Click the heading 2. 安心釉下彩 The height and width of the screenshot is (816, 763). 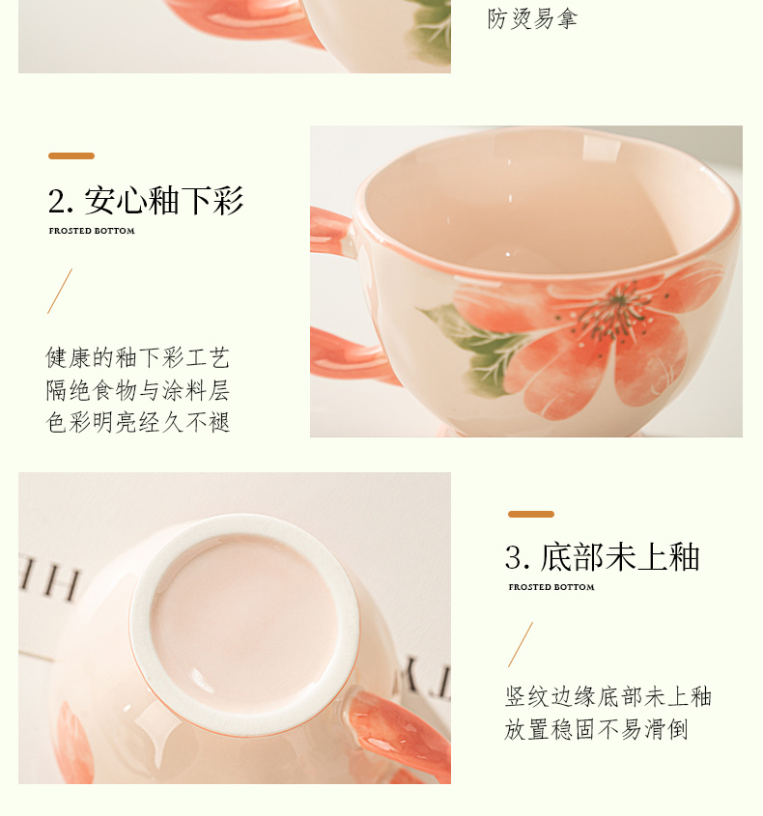146,200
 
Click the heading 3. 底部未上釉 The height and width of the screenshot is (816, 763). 602,557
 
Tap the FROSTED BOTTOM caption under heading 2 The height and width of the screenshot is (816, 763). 92,231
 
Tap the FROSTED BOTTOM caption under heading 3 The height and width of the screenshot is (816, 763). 551,587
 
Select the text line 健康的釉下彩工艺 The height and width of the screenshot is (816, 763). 138,357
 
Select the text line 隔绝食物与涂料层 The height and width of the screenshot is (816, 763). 138,390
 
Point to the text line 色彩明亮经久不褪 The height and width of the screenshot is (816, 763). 138,422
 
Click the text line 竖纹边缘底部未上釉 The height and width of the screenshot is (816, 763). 608,696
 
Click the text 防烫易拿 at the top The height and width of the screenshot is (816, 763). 532,19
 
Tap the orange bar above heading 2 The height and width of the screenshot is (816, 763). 71,155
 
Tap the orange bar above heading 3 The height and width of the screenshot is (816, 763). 531,514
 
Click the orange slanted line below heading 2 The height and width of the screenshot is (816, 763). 60,291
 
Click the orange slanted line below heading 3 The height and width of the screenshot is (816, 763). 521,644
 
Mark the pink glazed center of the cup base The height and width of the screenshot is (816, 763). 244,622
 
